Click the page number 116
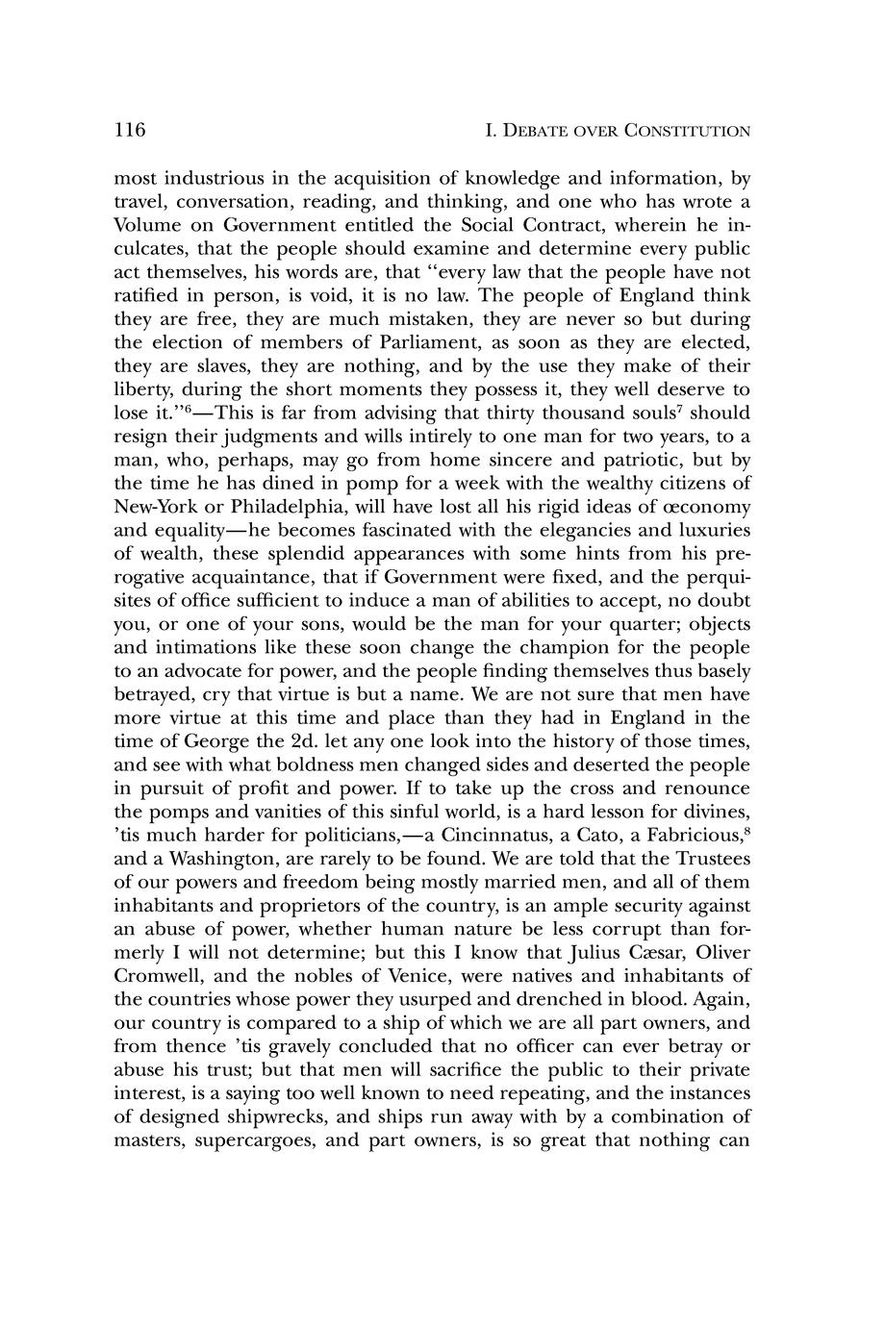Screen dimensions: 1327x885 129,130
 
